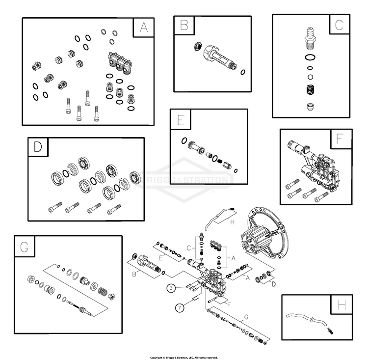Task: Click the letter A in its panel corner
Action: (144, 28)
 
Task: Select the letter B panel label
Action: (184, 25)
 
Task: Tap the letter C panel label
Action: (339, 24)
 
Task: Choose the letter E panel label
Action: (181, 119)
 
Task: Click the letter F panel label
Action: (340, 139)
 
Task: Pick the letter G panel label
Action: (24, 247)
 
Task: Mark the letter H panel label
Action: (341, 305)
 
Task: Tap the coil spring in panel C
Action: (310, 91)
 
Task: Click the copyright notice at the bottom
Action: (184, 358)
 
